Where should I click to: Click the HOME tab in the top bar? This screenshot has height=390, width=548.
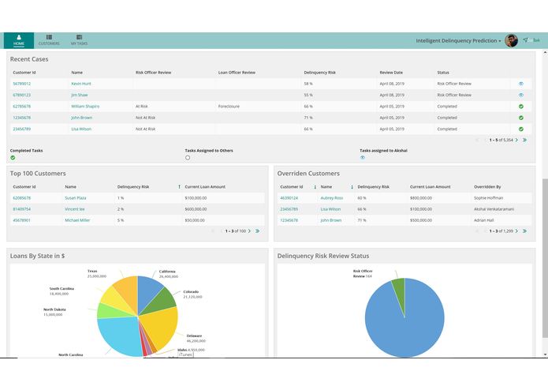click(x=18, y=40)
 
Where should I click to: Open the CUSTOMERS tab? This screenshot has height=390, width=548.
click(x=49, y=40)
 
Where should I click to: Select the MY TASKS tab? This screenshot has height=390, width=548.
click(x=79, y=40)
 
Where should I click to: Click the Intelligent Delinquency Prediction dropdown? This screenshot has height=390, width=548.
click(x=458, y=40)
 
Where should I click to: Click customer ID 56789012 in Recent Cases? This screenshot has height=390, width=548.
click(x=22, y=83)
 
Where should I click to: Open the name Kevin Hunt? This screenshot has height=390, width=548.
click(x=81, y=83)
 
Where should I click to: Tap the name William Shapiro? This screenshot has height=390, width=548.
click(x=85, y=106)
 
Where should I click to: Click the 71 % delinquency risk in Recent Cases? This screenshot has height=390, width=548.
click(x=308, y=117)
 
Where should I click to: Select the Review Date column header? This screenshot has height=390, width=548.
click(x=391, y=73)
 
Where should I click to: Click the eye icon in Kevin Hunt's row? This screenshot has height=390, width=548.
click(x=520, y=83)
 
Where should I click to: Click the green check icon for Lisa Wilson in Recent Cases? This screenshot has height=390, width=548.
click(x=520, y=129)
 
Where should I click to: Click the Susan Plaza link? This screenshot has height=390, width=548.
click(x=76, y=197)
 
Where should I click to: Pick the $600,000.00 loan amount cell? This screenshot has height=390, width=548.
click(x=196, y=208)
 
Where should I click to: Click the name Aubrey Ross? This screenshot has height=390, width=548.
click(x=332, y=197)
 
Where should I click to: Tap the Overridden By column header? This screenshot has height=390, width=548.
click(x=489, y=186)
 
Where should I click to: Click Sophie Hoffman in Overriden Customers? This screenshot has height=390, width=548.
click(x=489, y=197)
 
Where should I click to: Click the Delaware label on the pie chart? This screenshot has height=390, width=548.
click(x=194, y=336)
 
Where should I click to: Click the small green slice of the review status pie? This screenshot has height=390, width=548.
click(x=400, y=293)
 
